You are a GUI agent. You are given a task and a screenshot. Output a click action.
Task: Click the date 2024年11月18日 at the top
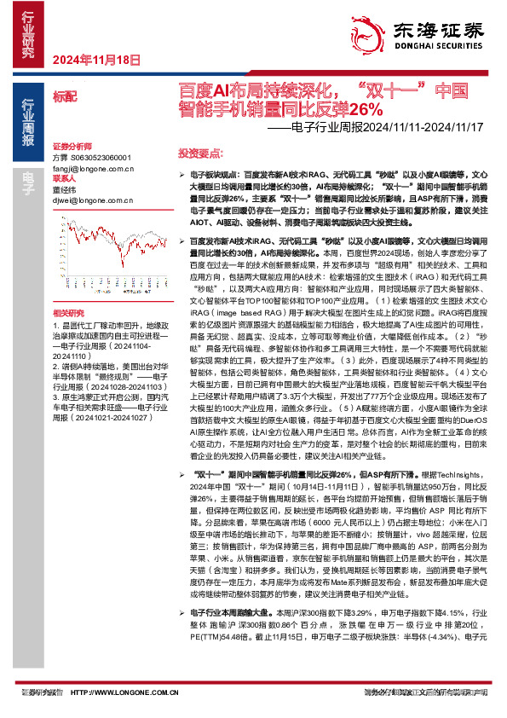(95, 60)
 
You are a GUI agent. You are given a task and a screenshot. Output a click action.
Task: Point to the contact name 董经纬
(66, 191)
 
